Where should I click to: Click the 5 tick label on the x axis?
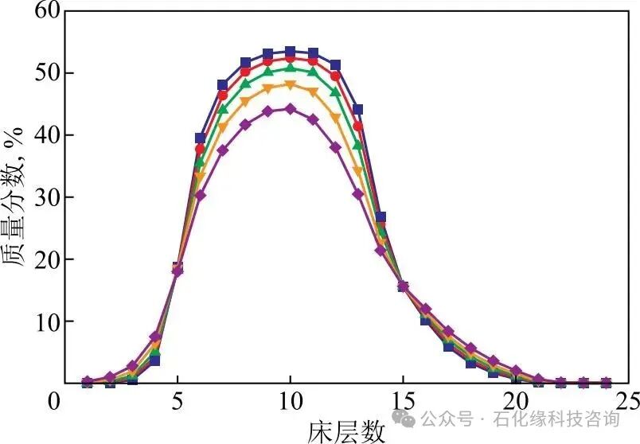coord(178,400)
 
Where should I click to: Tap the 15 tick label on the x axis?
coord(402,400)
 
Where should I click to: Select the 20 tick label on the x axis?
coord(515,400)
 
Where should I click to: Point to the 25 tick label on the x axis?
coord(627,400)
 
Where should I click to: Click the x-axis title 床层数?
coord(347,430)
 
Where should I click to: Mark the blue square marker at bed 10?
coord(290,52)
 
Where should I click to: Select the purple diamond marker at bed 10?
coord(290,109)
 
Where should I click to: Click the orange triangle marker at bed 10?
coord(290,85)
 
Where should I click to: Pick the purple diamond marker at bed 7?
coord(222,150)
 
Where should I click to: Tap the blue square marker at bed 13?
coord(357,109)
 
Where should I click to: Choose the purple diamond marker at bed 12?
coord(335,147)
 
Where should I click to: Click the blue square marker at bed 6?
coord(200,138)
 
